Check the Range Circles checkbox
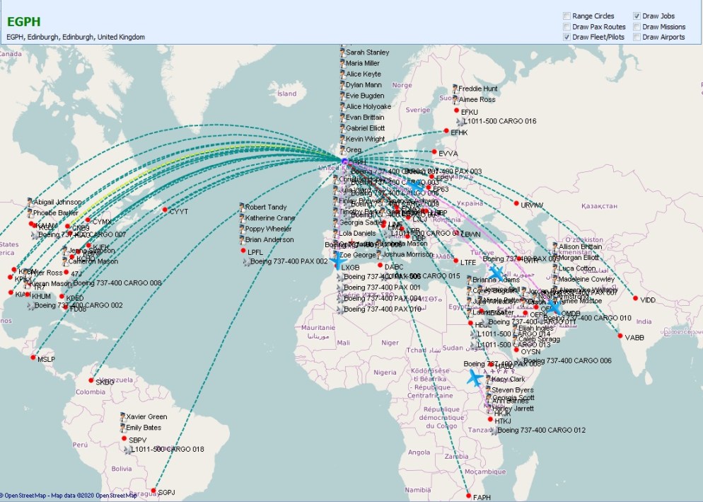click(567, 16)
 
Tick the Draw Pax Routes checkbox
click(567, 26)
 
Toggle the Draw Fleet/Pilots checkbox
click(567, 37)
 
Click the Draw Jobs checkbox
click(637, 16)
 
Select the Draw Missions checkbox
click(637, 26)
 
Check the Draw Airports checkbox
click(637, 37)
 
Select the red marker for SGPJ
click(153, 491)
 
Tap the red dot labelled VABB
click(620, 337)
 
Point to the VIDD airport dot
click(635, 299)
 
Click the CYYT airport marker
click(165, 210)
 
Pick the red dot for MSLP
click(33, 358)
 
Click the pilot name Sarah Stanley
click(367, 52)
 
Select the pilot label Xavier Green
click(146, 417)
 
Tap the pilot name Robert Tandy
click(265, 207)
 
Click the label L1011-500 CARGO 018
click(166, 450)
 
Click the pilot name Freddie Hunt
click(478, 89)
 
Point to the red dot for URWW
click(516, 204)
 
